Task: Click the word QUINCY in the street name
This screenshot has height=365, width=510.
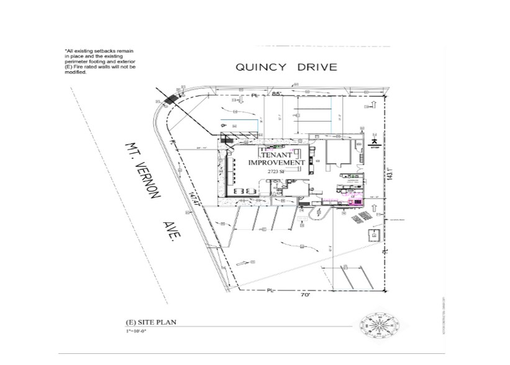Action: pyautogui.click(x=262, y=67)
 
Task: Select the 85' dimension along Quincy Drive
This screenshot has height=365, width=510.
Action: pyautogui.click(x=276, y=94)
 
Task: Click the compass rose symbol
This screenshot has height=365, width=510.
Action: pyautogui.click(x=380, y=325)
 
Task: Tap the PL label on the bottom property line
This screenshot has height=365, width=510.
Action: pyautogui.click(x=271, y=290)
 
